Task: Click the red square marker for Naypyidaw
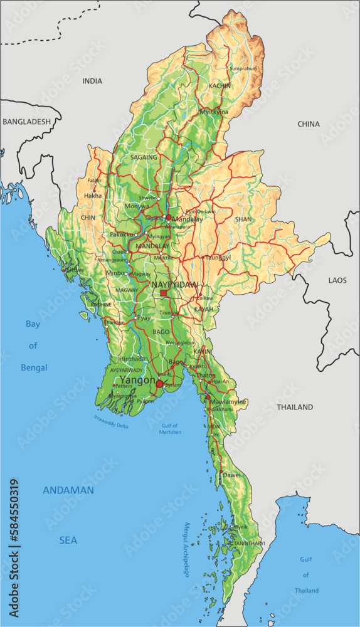click(x=164, y=293)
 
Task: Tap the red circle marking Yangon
click(x=160, y=384)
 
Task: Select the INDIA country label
click(x=92, y=81)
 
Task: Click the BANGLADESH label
click(x=26, y=122)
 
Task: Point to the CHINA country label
click(x=309, y=124)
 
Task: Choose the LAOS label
click(x=337, y=280)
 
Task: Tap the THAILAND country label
click(x=295, y=407)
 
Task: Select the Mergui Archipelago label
click(x=186, y=550)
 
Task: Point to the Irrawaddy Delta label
click(x=111, y=421)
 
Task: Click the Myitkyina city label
click(x=214, y=112)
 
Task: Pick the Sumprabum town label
click(x=244, y=68)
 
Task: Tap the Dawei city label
click(x=232, y=476)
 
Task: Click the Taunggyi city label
click(x=218, y=257)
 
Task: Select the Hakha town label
click(x=92, y=196)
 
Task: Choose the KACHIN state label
click(x=220, y=85)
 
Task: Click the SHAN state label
click(x=243, y=219)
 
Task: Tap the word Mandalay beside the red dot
click(x=188, y=220)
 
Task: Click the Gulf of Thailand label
click(x=306, y=575)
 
